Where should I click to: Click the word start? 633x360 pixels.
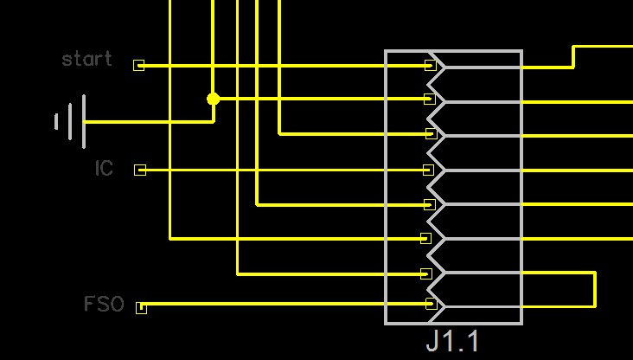pyautogui.click(x=86, y=59)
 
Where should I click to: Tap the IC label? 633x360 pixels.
pyautogui.click(x=104, y=168)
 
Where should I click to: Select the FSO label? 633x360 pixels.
pyautogui.click(x=104, y=305)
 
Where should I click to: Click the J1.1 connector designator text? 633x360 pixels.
pyautogui.click(x=452, y=340)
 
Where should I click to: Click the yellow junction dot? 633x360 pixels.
pyautogui.click(x=213, y=100)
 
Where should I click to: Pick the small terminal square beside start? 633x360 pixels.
pyautogui.click(x=138, y=65)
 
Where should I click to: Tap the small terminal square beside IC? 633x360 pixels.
pyautogui.click(x=140, y=170)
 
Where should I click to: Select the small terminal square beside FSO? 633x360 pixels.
pyautogui.click(x=141, y=307)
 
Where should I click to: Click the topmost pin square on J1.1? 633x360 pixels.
pyautogui.click(x=430, y=65)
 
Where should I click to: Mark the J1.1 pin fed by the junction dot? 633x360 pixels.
pyautogui.click(x=429, y=100)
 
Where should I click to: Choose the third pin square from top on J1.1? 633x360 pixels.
pyautogui.click(x=430, y=134)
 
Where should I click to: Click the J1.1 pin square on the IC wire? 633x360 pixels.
pyautogui.click(x=428, y=170)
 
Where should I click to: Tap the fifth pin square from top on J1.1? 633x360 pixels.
pyautogui.click(x=429, y=205)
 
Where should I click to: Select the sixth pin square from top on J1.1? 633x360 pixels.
pyautogui.click(x=425, y=238)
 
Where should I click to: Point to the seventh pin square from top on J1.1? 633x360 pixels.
pyautogui.click(x=425, y=273)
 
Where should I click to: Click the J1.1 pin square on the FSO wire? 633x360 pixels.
pyautogui.click(x=431, y=304)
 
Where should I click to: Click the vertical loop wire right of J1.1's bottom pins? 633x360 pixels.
pyautogui.click(x=595, y=289)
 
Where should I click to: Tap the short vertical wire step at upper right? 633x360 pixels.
pyautogui.click(x=573, y=56)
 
